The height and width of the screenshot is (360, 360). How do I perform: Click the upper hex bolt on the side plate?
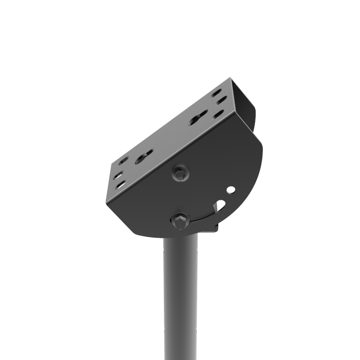(180, 173)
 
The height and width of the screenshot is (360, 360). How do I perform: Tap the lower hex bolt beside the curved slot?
(180, 220)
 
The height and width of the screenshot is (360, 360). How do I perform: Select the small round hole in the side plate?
(230, 190)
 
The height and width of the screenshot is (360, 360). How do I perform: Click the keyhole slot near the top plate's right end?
(198, 118)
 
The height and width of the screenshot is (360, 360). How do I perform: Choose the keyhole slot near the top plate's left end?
(144, 157)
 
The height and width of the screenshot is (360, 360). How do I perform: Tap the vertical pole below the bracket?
(180, 297)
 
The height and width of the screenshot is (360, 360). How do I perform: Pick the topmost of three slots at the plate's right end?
(216, 93)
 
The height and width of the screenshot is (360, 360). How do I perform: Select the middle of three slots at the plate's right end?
(221, 101)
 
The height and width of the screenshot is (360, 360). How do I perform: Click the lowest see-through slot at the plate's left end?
(121, 184)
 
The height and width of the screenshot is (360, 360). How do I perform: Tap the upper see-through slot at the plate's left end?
(117, 175)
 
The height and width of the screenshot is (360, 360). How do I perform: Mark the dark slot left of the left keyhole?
(124, 160)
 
